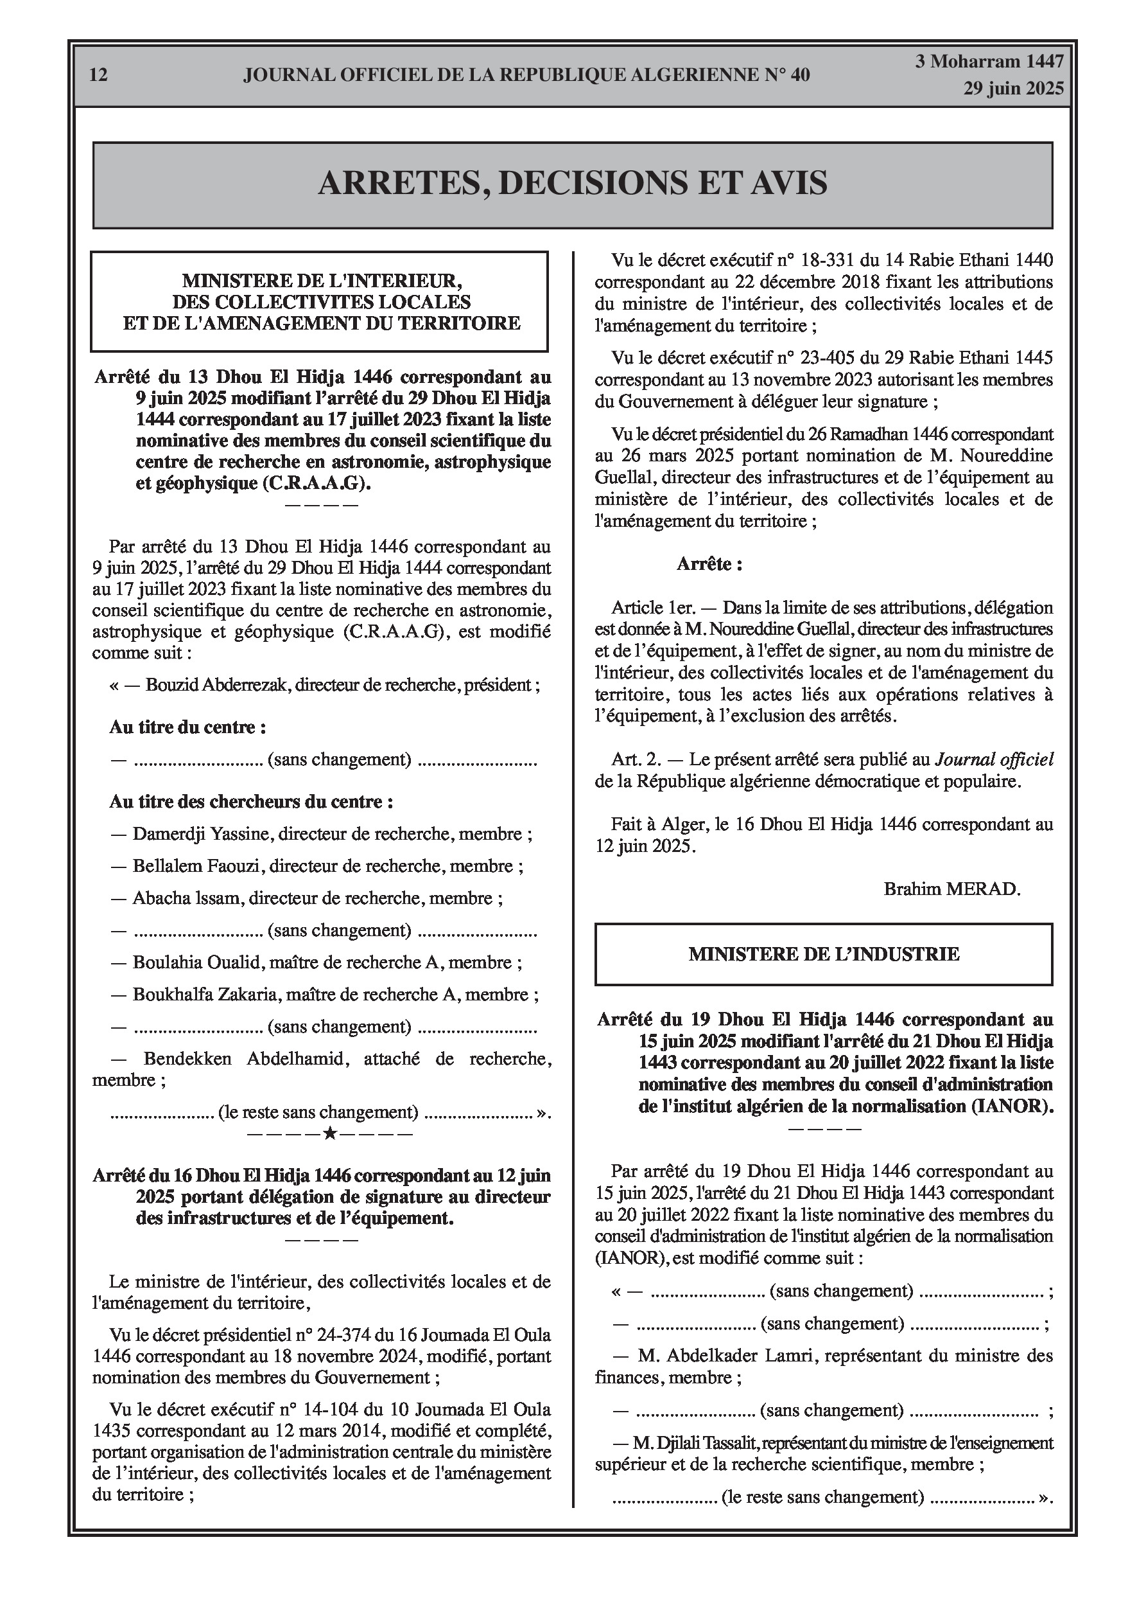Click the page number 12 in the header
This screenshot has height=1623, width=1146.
click(x=99, y=75)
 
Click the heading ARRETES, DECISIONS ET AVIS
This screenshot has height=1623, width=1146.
click(x=572, y=184)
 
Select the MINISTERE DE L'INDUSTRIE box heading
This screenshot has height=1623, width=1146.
click(x=824, y=954)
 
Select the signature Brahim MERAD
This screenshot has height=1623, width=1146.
click(x=951, y=889)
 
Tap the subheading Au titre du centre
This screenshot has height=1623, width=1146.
click(x=187, y=727)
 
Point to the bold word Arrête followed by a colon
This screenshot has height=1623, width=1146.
click(x=709, y=564)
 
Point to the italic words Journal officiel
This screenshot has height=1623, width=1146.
click(x=994, y=760)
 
